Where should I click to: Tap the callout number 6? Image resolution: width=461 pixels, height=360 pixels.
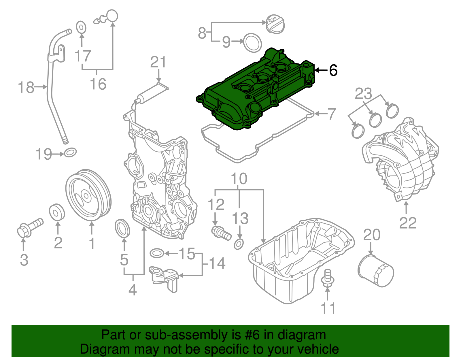[333, 70]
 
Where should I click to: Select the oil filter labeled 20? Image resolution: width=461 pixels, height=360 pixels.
[376, 271]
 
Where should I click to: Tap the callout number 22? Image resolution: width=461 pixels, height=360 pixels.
[408, 223]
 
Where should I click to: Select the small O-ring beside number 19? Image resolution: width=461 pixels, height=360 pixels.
[70, 152]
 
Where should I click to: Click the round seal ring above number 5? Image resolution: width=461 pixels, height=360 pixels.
[122, 229]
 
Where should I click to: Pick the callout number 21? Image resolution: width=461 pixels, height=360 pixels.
[158, 62]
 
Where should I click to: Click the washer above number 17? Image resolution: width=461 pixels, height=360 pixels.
[81, 27]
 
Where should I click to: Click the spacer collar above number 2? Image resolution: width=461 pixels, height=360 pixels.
[57, 213]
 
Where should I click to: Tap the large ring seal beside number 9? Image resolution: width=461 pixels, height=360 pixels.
[253, 42]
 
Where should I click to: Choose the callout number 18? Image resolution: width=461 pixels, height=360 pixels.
[26, 87]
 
